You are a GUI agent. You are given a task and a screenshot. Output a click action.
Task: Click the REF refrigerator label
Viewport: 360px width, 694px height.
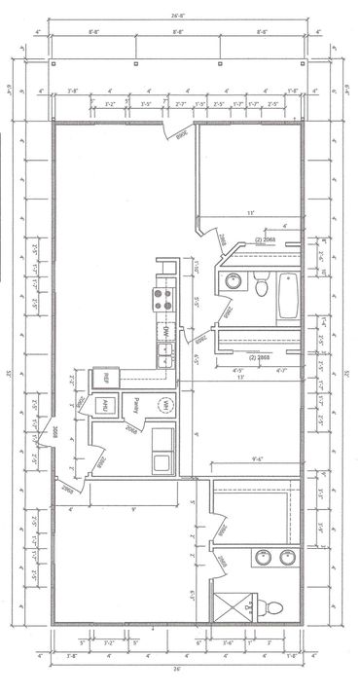coord(99,378)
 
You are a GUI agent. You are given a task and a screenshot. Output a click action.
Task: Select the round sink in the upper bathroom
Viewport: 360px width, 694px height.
coord(234,283)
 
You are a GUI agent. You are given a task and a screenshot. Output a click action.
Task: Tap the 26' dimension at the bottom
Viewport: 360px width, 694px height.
coord(177,670)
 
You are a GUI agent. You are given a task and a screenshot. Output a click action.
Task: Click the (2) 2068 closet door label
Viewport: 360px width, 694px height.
coord(265,239)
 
